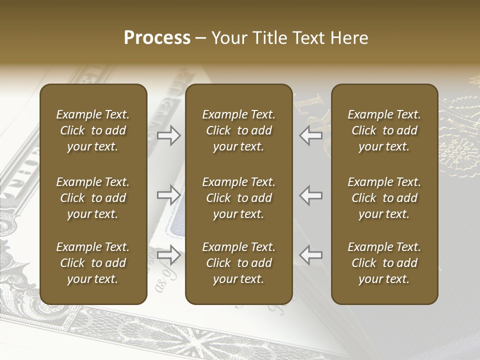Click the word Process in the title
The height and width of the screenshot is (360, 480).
pyautogui.click(x=157, y=38)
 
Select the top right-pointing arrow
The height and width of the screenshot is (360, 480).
pyautogui.click(x=169, y=135)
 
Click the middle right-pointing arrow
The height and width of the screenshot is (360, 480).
pyautogui.click(x=169, y=195)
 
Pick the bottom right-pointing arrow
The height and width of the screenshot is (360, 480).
pyautogui.click(x=169, y=255)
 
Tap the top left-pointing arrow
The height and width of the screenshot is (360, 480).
pyautogui.click(x=311, y=135)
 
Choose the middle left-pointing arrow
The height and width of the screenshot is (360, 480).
pyautogui.click(x=311, y=195)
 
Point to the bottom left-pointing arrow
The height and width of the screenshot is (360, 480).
pyautogui.click(x=311, y=255)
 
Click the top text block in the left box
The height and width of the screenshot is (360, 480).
pyautogui.click(x=93, y=130)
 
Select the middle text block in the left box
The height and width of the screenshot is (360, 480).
pyautogui.click(x=93, y=198)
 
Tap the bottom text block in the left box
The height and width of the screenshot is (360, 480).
pyautogui.click(x=93, y=263)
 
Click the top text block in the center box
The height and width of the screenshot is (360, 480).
pyautogui.click(x=238, y=130)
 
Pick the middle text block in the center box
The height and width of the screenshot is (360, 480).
pyautogui.click(x=238, y=198)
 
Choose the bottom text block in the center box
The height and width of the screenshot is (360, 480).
pyautogui.click(x=238, y=263)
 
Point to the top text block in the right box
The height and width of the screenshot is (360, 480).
pyautogui.click(x=384, y=130)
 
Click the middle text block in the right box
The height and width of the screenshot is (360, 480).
pyautogui.click(x=384, y=198)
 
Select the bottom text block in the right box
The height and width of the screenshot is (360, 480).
pyautogui.click(x=384, y=263)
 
